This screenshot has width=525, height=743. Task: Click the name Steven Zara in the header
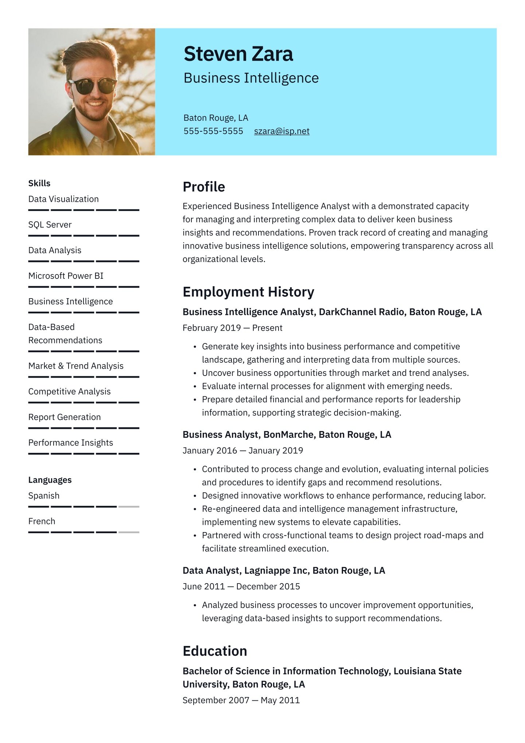238,54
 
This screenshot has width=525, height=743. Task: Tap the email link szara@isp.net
281,131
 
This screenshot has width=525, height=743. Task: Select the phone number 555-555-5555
213,131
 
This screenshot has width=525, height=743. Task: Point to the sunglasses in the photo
93,85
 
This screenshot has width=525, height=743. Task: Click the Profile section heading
204,187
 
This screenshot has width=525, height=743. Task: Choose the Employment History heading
248,292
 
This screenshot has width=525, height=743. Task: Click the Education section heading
215,651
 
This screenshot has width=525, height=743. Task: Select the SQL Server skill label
50,225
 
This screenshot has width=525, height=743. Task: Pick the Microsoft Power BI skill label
66,276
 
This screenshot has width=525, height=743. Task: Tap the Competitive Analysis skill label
69,392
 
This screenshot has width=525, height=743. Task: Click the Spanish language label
44,496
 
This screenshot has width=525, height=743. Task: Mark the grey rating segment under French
129,532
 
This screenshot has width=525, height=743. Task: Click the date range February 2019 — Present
232,328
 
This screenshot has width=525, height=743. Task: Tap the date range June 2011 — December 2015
241,586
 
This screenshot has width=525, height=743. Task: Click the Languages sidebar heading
50,480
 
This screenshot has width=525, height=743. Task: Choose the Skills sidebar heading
39,183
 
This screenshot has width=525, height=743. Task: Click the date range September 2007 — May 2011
241,700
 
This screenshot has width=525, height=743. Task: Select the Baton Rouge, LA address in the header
216,118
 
